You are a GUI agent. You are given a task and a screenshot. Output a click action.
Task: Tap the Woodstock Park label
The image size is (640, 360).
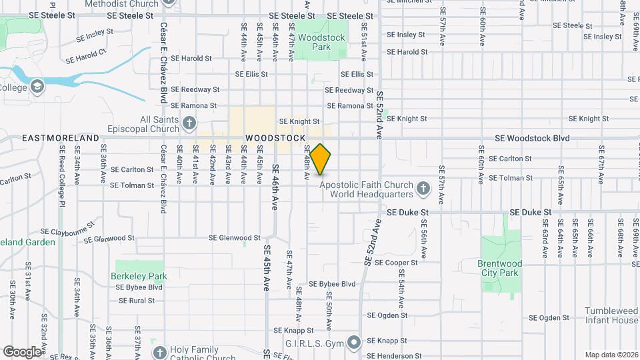(321, 42)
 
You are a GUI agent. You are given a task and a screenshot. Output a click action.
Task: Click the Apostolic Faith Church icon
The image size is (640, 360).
(422, 189)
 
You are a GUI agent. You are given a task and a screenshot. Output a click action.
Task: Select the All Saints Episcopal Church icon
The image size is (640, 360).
(189, 123)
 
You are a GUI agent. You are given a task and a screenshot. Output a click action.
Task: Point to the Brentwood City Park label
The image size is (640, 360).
(499, 268)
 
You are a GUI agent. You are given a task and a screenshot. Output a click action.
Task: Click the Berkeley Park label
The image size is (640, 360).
(139, 275)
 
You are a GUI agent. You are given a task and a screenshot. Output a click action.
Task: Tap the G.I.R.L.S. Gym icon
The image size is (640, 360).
(353, 343)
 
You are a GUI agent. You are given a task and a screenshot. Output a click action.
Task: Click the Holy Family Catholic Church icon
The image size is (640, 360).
(159, 352)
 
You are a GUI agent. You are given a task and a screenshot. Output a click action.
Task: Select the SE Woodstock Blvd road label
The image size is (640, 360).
(532, 138)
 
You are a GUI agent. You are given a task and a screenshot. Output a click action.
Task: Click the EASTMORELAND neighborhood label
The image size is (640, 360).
(61, 138)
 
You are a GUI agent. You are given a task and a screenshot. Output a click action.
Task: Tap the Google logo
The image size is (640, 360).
(22, 351)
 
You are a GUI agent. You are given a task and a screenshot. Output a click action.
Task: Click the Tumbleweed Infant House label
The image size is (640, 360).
(611, 315)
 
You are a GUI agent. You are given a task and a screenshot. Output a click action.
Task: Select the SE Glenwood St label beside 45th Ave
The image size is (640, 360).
(235, 237)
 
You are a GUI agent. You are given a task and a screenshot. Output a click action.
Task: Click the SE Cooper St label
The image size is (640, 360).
(396, 263)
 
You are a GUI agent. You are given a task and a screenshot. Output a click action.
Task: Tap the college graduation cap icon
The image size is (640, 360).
(37, 86)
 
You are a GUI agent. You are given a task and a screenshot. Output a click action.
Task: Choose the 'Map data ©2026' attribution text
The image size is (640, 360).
(611, 355)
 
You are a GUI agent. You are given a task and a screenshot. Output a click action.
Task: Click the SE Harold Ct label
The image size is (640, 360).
(86, 56)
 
